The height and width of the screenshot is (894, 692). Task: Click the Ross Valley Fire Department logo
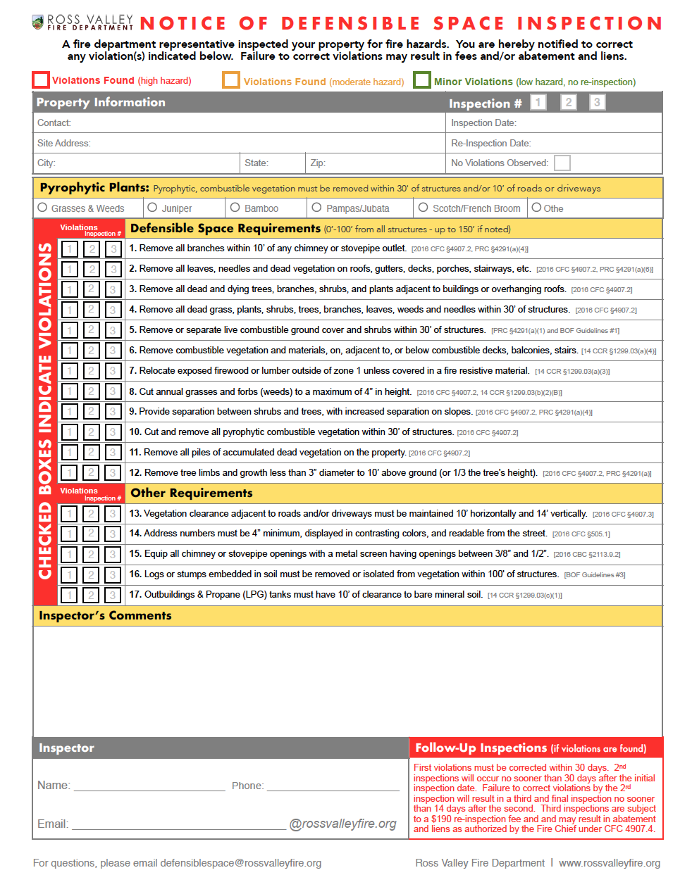[x=83, y=23]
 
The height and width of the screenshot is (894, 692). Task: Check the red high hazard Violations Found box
[x=41, y=80]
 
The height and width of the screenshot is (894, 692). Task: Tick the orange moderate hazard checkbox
[x=231, y=80]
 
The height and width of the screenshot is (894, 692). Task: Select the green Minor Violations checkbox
[x=422, y=80]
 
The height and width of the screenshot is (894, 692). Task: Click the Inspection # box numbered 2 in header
[x=569, y=103]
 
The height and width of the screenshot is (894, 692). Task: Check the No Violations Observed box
[x=562, y=163]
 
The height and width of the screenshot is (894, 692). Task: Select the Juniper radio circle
[x=152, y=208]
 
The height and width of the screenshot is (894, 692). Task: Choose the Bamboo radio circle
[x=235, y=208]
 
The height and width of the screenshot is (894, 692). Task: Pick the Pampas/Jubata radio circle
[x=316, y=208]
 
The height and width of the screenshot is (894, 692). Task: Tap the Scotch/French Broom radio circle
[x=423, y=208]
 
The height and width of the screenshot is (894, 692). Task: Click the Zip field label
[x=318, y=163]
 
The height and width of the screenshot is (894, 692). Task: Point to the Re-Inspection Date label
[x=491, y=144]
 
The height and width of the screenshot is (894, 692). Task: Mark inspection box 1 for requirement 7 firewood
[x=70, y=371]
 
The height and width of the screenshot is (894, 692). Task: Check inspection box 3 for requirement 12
[x=113, y=473]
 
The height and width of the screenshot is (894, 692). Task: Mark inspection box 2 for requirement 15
[x=91, y=555]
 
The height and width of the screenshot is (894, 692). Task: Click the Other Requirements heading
[x=191, y=493]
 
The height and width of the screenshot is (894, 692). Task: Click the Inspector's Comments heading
[x=105, y=616]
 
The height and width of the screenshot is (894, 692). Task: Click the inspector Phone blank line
[x=333, y=786]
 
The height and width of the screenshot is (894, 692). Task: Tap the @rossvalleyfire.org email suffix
[x=343, y=824]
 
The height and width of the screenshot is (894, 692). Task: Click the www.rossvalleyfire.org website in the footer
[x=610, y=863]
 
